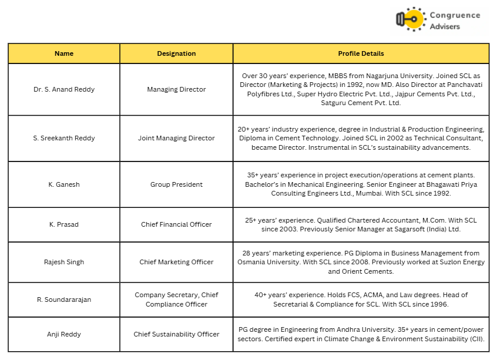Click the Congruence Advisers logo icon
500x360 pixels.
coord(410,19)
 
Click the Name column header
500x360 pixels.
coord(64,53)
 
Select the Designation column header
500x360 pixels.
coord(176,53)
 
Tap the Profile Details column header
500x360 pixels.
coord(361,53)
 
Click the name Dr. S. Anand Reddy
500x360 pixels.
coord(64,90)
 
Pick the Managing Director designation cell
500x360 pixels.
coord(176,90)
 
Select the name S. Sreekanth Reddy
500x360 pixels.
coord(64,139)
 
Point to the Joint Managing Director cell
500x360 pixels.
coord(176,139)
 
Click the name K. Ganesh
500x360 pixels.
coord(64,184)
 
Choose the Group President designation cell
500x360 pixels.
coord(176,184)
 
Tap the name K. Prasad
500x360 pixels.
coord(64,224)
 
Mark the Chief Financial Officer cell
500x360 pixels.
coord(176,224)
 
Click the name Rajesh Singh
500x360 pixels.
coord(64,263)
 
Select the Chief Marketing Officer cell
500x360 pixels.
coord(176,263)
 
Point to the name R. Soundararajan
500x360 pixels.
coord(64,300)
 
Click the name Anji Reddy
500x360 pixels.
coord(64,334)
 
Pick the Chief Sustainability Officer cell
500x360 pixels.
coord(176,334)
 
